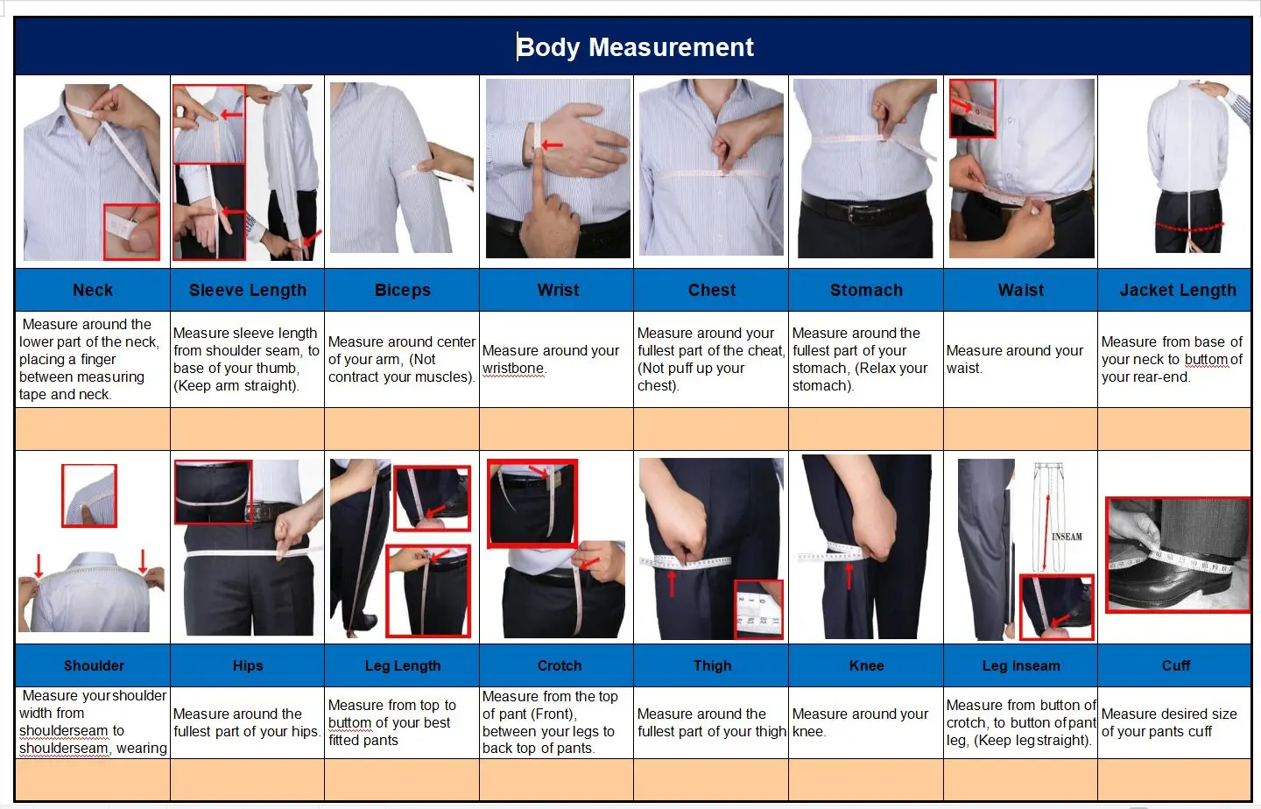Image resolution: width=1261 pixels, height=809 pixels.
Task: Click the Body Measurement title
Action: pyautogui.click(x=635, y=47)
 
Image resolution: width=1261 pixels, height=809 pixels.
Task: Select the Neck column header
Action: pyautogui.click(x=93, y=290)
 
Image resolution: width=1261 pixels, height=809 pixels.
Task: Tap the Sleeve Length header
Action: pyautogui.click(x=248, y=290)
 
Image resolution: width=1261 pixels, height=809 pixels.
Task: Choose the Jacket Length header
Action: pyautogui.click(x=1178, y=290)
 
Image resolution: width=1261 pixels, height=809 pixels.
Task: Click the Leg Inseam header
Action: pyautogui.click(x=1021, y=665)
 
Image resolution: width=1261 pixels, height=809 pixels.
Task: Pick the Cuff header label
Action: pyautogui.click(x=1176, y=665)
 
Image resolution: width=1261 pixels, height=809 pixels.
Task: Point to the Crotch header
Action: pyautogui.click(x=559, y=665)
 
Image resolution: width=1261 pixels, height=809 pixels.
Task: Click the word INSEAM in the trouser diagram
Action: pyautogui.click(x=1067, y=537)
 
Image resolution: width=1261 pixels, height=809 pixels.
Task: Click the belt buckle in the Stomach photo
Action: pyautogui.click(x=860, y=214)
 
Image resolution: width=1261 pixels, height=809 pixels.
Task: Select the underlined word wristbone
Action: pyautogui.click(x=513, y=369)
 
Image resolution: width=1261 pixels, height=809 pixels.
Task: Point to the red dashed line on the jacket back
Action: pyautogui.click(x=1189, y=228)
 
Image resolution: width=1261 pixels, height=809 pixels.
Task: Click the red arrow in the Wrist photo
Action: pyautogui.click(x=553, y=145)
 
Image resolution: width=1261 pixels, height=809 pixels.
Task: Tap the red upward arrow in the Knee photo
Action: pyautogui.click(x=849, y=576)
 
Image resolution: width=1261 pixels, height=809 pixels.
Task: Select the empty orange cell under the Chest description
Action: pyautogui.click(x=711, y=429)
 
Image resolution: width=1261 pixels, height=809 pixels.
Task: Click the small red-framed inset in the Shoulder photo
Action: pyautogui.click(x=89, y=496)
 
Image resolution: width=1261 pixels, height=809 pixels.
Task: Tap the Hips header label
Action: pyautogui.click(x=248, y=665)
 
